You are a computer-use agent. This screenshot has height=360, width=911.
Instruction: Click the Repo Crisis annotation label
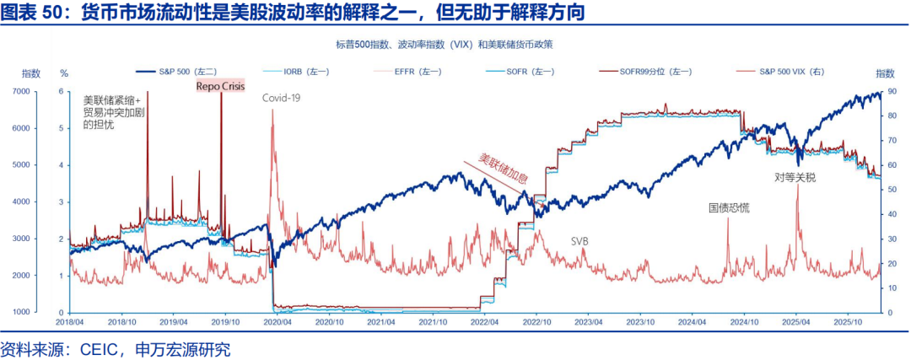pyautogui.click(x=220, y=85)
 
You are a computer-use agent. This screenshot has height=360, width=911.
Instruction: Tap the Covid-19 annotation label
pyautogui.click(x=281, y=98)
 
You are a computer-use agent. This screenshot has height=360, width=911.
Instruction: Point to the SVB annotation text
pyautogui.click(x=579, y=241)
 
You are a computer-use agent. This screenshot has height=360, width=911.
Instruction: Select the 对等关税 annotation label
pyautogui.click(x=795, y=177)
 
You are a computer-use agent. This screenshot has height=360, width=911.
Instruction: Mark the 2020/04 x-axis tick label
pyautogui.click(x=278, y=321)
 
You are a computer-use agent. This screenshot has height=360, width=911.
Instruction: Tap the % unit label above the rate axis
pyautogui.click(x=64, y=73)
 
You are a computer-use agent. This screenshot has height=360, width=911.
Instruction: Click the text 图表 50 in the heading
pyautogui.click(x=32, y=14)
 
